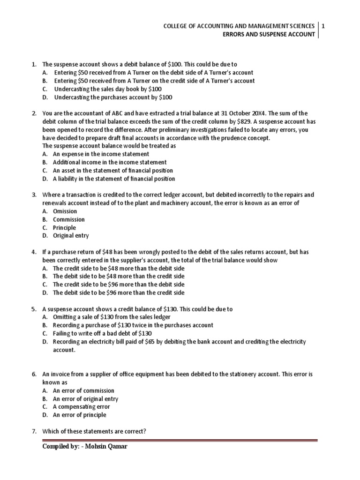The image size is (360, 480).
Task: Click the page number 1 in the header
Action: coord(323,27)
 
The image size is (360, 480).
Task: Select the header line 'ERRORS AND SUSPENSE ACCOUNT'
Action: coord(268,35)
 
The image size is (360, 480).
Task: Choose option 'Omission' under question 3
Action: coord(64,211)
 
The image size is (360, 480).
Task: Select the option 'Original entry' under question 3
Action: coord(70,236)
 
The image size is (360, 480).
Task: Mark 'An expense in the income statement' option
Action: coord(101,154)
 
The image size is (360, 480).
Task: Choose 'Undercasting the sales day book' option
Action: coord(107,89)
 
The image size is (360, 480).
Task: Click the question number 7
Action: coord(34,431)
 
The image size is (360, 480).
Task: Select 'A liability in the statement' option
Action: coord(113,179)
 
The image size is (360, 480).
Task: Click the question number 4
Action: coord(34,252)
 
